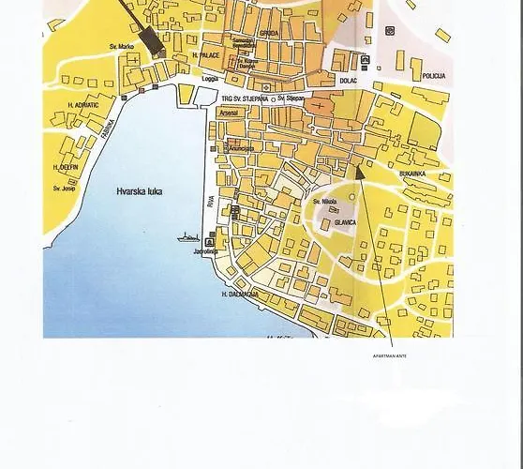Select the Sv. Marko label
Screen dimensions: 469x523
[122, 46]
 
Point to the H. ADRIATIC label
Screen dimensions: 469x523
[82, 104]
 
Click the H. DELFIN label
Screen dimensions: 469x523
[66, 167]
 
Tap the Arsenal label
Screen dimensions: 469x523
[229, 112]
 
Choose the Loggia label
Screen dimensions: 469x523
[210, 79]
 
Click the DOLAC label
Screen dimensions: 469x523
[349, 82]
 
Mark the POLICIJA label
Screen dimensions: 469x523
[434, 75]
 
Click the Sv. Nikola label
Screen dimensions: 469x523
[325, 201]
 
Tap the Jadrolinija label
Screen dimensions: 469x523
[205, 252]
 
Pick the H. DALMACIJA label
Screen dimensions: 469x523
[241, 295]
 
